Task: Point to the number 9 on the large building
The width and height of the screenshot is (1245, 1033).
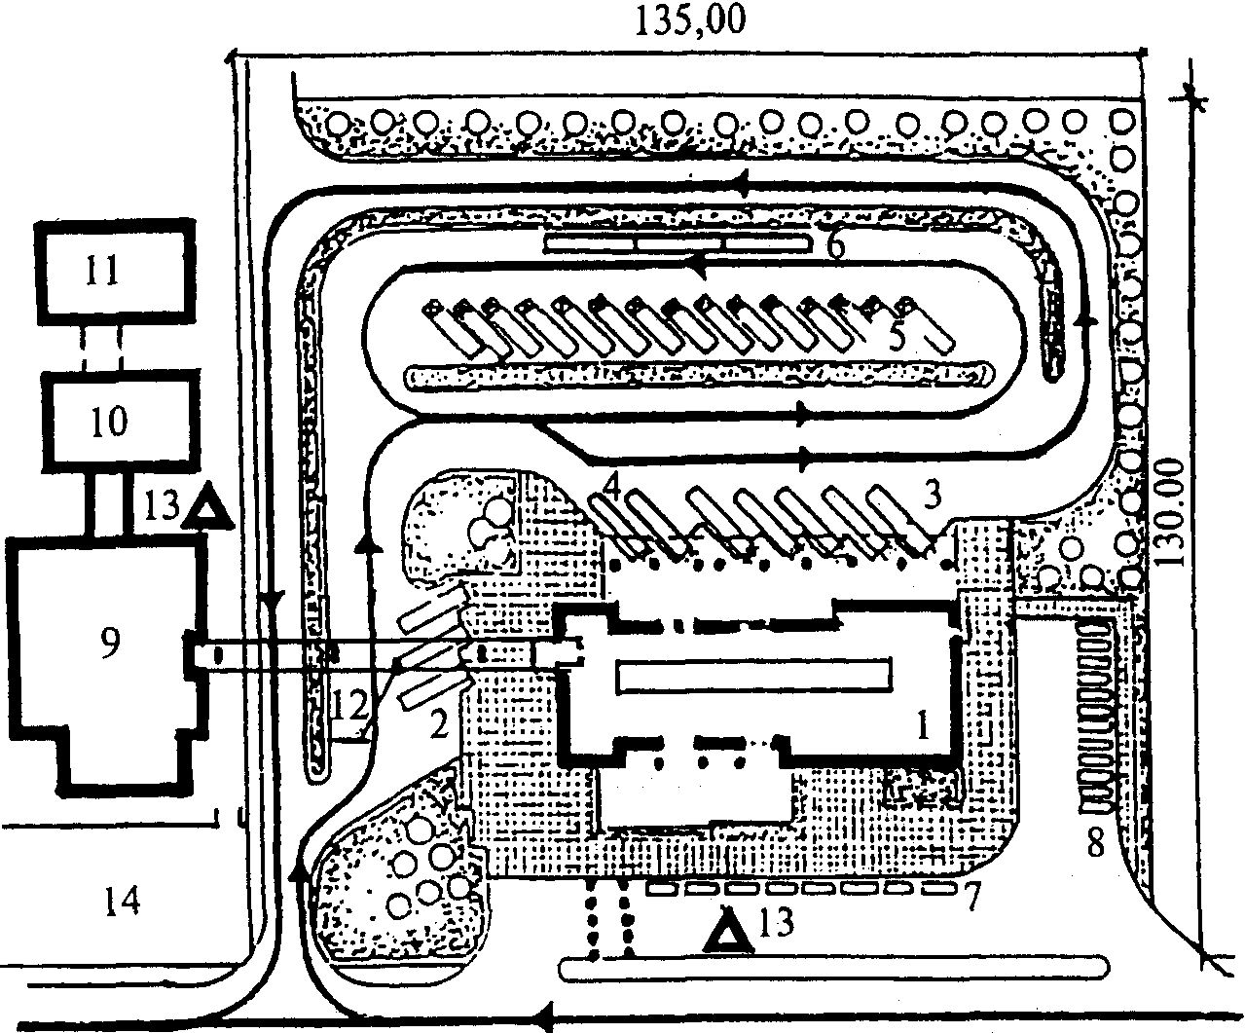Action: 110,643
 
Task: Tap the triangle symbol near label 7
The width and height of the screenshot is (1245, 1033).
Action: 728,932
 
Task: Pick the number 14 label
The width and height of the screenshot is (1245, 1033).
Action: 123,902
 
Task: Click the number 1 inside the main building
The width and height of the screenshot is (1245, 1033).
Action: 923,726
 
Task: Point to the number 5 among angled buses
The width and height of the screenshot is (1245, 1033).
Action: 897,337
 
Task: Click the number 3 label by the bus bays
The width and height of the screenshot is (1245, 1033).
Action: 932,494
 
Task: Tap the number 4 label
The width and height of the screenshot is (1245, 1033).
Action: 611,489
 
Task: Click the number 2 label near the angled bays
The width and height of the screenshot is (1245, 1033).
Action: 438,724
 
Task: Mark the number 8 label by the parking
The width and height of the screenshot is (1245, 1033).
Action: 1095,843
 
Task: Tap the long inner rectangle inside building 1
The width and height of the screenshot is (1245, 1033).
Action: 754,675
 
